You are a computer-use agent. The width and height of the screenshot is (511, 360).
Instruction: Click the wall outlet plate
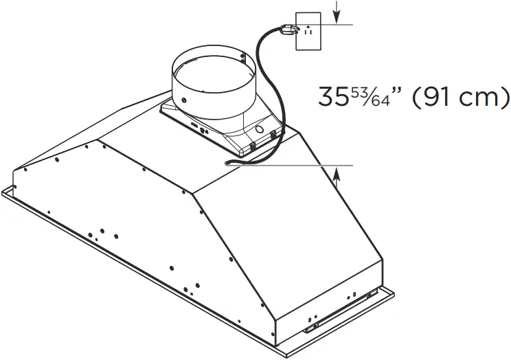click(x=306, y=31)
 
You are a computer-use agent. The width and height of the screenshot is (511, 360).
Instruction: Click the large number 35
click(x=334, y=97)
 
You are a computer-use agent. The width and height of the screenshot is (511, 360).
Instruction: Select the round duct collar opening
click(x=212, y=68)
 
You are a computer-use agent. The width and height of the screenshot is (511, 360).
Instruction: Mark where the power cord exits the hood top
click(x=227, y=163)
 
